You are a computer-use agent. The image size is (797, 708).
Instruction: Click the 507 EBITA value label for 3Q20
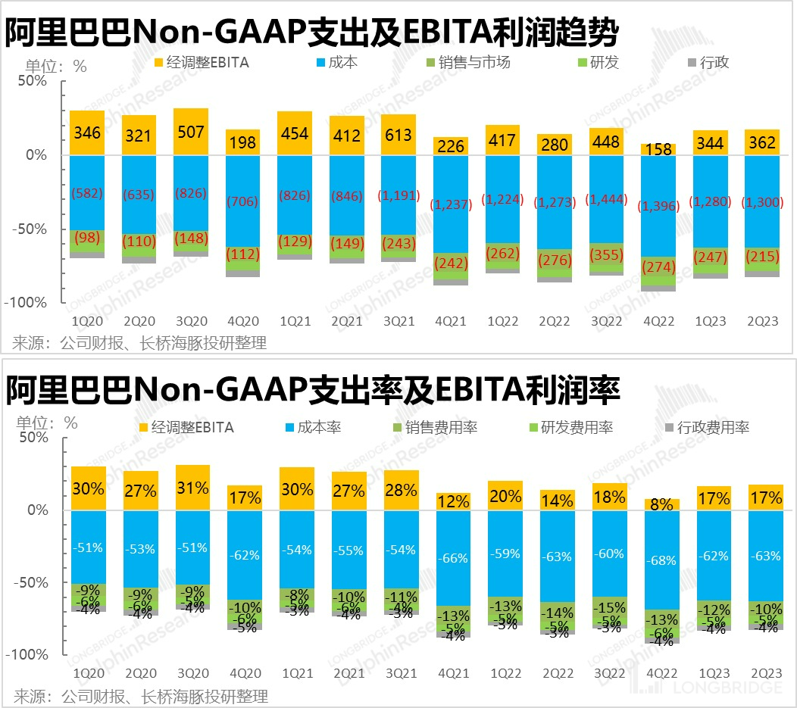[191, 132]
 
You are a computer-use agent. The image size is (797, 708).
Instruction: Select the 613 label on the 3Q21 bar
[398, 135]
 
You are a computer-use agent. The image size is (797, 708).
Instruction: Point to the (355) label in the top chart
[607, 254]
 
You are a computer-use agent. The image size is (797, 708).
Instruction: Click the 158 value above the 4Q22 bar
[658, 149]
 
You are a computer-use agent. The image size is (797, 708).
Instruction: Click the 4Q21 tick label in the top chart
[451, 321]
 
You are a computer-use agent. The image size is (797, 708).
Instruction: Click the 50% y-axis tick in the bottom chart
[33, 437]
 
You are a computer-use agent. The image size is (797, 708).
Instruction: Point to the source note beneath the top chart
[140, 343]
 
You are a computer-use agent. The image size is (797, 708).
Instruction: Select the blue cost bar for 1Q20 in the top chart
[87, 193]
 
